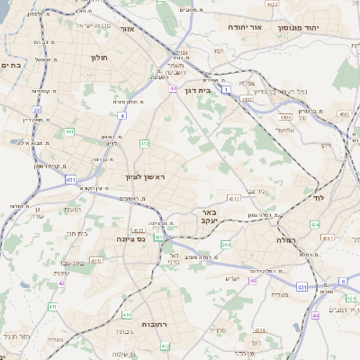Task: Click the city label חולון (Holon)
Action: click(x=99, y=58)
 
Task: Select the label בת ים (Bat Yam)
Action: click(x=11, y=65)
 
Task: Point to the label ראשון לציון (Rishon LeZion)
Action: click(x=147, y=178)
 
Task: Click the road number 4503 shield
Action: click(x=345, y=114)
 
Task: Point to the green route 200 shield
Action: click(x=226, y=244)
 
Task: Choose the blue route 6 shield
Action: click(x=343, y=281)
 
